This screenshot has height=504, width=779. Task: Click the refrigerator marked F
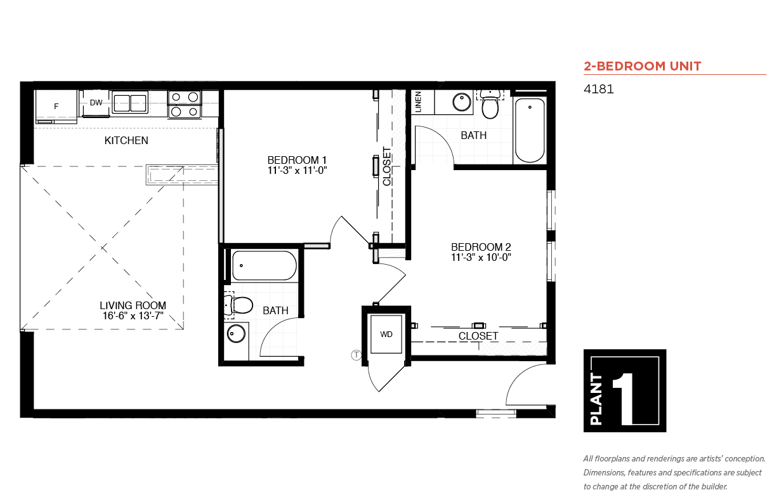pos(56,107)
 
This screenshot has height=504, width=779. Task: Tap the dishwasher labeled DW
pos(95,103)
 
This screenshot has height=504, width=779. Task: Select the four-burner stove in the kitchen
pos(185,104)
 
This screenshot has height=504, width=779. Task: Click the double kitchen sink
pos(129,102)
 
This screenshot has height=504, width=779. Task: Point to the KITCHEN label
pos(126,141)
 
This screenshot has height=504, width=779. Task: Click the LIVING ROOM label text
pos(133,305)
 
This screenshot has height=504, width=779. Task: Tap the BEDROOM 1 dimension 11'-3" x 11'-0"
pos(298,171)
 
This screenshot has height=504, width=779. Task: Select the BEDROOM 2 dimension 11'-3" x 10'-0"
pos(481,258)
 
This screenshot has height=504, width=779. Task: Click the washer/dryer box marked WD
pos(386,335)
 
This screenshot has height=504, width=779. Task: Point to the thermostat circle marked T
pos(356,355)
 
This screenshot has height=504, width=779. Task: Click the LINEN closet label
pos(419,102)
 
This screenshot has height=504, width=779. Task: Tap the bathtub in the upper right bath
pos(530,130)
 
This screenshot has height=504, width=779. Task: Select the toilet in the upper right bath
pos(490,103)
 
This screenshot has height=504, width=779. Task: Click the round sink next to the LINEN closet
pos(462,102)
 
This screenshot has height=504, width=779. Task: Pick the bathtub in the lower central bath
pos(265,265)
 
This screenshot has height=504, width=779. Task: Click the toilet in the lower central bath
pos(239,305)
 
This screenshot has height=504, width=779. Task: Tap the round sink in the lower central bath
pos(236,334)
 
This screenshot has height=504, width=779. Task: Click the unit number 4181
pos(598,90)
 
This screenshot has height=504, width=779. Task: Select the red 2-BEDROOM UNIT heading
pos(643,66)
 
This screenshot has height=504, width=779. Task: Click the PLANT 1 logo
pos(625,390)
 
